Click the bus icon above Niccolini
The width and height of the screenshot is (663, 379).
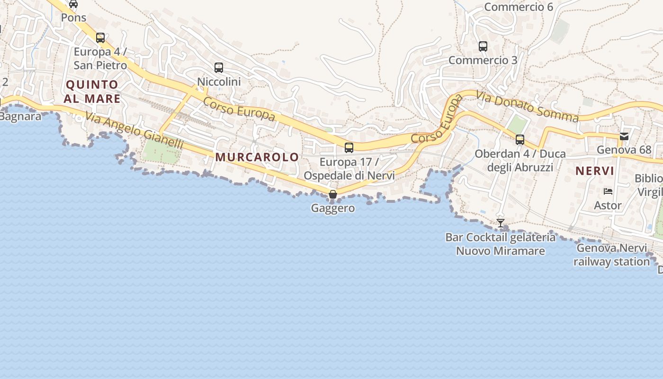(x=218, y=68)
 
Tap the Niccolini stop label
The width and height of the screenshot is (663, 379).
(x=219, y=81)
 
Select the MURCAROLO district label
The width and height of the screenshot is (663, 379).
(x=257, y=157)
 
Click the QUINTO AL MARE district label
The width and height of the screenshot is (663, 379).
(x=92, y=91)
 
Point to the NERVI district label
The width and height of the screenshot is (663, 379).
(x=594, y=171)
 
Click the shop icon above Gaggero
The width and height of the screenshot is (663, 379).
(x=333, y=194)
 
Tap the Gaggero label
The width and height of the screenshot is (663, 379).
(x=333, y=208)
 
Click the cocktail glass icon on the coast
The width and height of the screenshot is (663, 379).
(x=501, y=223)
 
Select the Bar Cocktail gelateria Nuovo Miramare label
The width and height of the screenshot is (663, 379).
(x=500, y=244)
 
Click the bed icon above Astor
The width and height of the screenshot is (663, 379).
(x=608, y=191)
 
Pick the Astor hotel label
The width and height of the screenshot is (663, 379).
(x=608, y=206)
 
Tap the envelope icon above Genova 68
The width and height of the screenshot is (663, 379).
(x=624, y=136)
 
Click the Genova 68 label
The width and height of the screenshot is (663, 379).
(x=624, y=150)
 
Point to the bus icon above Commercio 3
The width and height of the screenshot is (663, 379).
(x=483, y=46)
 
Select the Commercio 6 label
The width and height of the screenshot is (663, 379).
(x=519, y=7)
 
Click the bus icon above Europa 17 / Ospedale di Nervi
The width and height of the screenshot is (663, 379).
(x=349, y=148)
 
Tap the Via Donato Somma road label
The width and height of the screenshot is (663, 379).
(x=527, y=107)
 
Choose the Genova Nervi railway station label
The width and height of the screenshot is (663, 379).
(x=611, y=255)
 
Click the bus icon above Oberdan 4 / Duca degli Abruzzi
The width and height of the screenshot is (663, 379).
(x=520, y=140)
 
